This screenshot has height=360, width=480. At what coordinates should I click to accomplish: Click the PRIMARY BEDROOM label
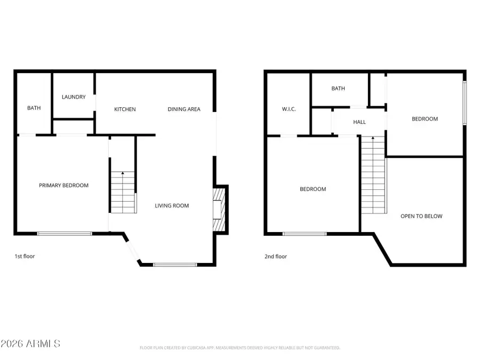pos(63,186)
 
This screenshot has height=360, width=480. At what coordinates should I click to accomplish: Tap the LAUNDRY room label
pos(74,97)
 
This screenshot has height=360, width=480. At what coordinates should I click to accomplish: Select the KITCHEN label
pos(125,109)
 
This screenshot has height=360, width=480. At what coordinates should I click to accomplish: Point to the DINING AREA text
pos(184,109)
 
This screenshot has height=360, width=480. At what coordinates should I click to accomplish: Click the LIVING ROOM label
pos(172,206)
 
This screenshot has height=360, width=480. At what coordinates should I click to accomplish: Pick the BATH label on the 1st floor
pos(34,108)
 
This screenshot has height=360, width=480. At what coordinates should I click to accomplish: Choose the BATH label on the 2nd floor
pos(338,89)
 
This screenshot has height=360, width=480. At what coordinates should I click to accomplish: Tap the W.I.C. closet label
pos(289,109)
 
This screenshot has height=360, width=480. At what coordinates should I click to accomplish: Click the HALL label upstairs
pos(359,122)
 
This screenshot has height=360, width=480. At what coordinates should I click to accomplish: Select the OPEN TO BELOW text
pos(421,216)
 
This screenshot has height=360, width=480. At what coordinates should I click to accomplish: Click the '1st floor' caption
pos(25,257)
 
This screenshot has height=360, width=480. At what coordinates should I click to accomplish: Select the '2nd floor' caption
pos(276,257)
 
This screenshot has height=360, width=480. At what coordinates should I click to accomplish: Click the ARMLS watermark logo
pos(30,343)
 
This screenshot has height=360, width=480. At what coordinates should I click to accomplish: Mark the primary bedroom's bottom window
pos(65,234)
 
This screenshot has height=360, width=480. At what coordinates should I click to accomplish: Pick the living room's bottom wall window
pos(174,264)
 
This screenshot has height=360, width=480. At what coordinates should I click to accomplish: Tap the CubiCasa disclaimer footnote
pos(239,348)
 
